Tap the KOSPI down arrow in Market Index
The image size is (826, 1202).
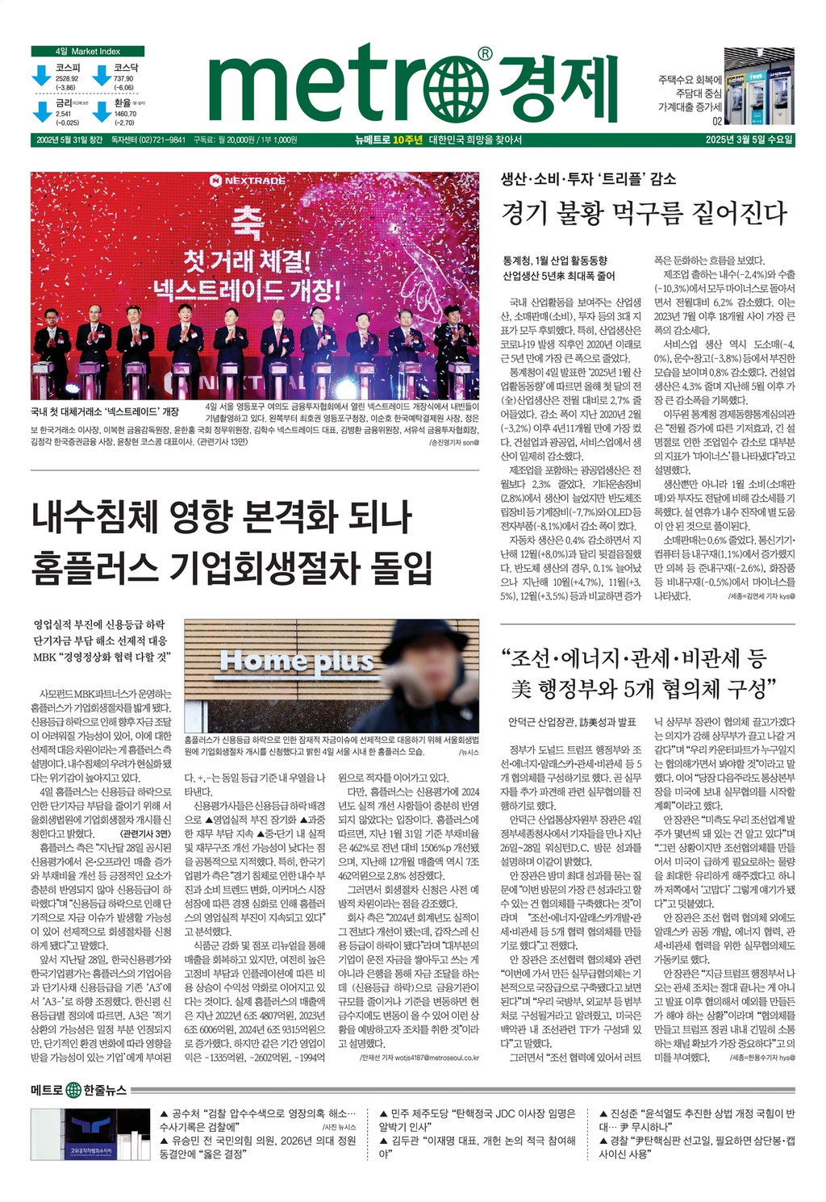pyautogui.click(x=41, y=76)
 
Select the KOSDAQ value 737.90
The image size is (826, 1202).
pyautogui.click(x=123, y=78)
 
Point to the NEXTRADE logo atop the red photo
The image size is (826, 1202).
pyautogui.click(x=248, y=181)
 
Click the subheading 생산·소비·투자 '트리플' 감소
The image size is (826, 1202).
pyautogui.click(x=589, y=179)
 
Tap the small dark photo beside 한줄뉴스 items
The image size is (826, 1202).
pyautogui.click(x=90, y=1134)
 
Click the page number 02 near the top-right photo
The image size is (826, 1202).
pyautogui.click(x=716, y=122)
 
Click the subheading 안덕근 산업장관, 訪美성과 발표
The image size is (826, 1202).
pyautogui.click(x=572, y=721)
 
